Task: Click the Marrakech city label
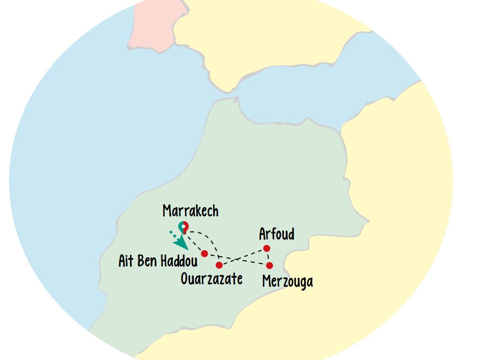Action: tap(190, 211)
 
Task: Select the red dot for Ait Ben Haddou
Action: tap(204, 253)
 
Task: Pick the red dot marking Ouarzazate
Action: tap(219, 265)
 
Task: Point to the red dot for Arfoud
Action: tap(266, 249)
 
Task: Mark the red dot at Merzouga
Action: tap(269, 266)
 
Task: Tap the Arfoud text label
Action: tap(276, 234)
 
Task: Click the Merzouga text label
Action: tap(287, 281)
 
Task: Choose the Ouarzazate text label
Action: tap(211, 279)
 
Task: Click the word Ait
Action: tap(127, 261)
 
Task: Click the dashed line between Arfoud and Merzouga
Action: tap(268, 257)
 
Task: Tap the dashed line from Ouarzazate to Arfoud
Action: tap(243, 257)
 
